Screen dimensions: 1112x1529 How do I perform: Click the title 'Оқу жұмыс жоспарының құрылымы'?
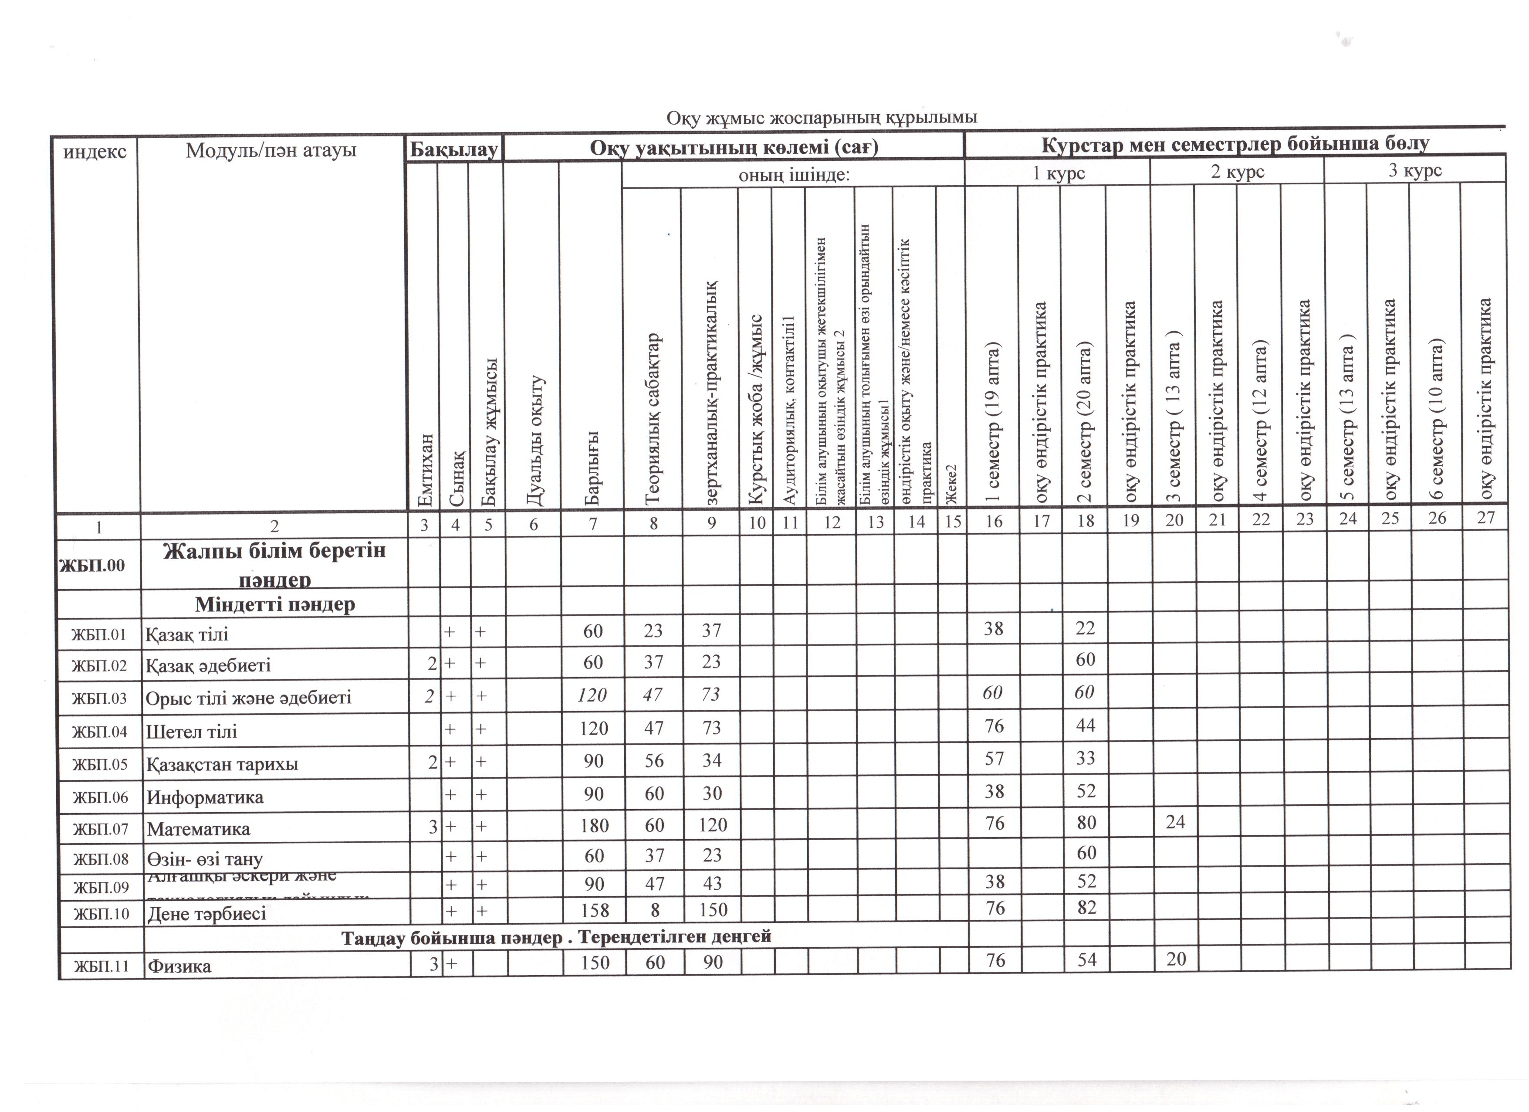(x=821, y=118)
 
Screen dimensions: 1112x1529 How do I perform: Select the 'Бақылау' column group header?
(x=454, y=148)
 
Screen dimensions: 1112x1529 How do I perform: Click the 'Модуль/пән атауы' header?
(x=271, y=150)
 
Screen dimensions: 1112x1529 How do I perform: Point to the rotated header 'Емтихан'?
(x=426, y=469)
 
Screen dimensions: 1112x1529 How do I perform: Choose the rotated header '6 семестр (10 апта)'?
(x=1436, y=418)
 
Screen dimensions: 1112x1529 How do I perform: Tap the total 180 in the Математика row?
(x=593, y=825)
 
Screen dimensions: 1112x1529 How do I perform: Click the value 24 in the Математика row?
(x=1175, y=822)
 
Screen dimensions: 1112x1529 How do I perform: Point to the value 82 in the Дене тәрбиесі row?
(x=1086, y=908)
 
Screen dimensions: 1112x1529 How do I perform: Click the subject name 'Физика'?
(x=179, y=966)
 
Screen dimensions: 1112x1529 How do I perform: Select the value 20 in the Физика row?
(x=1176, y=959)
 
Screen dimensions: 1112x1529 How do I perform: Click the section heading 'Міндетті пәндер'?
(x=275, y=604)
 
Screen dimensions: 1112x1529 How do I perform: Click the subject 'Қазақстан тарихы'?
(x=222, y=765)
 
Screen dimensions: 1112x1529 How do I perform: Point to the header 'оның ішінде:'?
(x=794, y=175)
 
